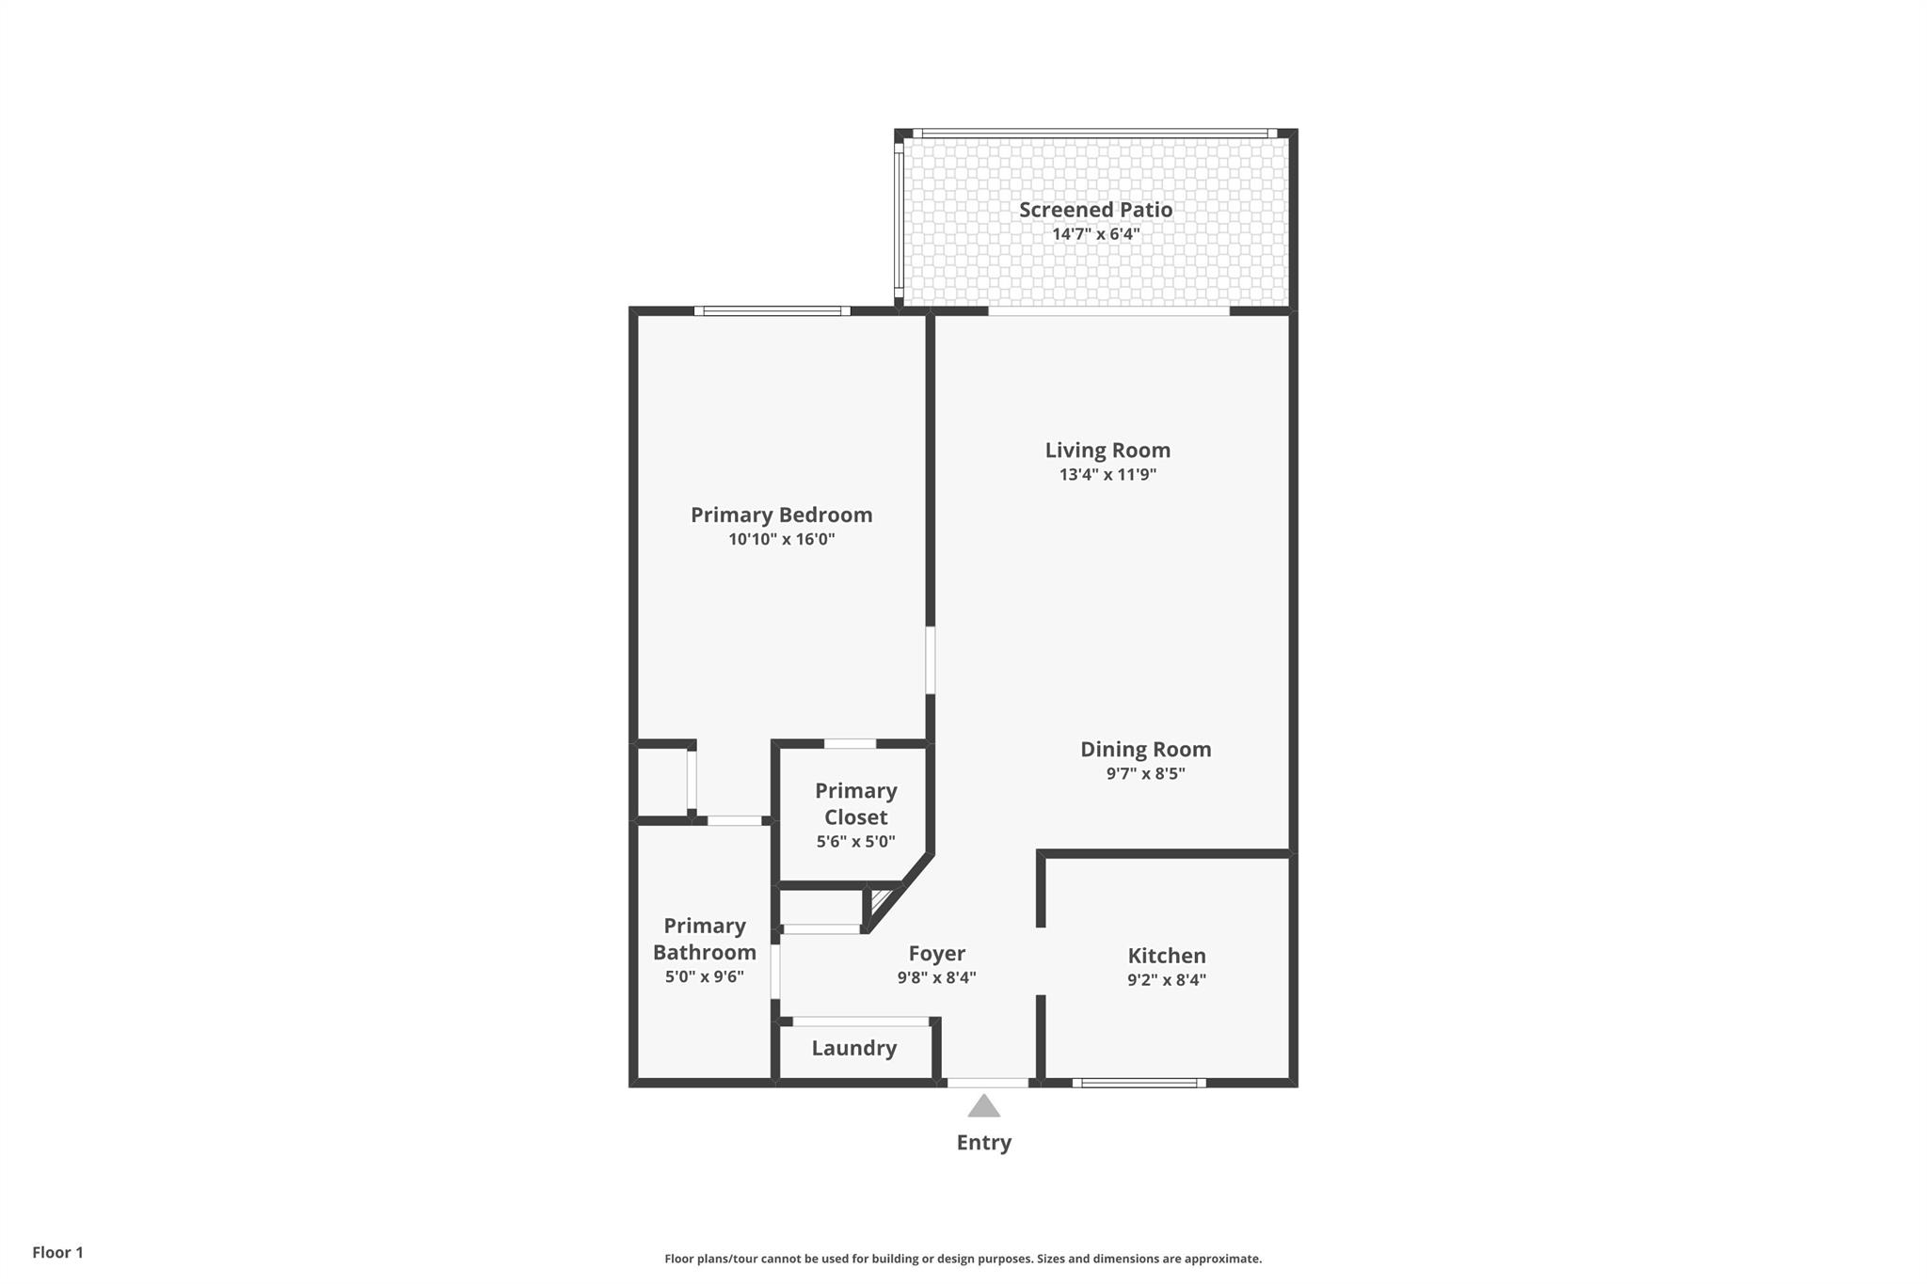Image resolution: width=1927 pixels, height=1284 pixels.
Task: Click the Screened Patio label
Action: coord(1095,210)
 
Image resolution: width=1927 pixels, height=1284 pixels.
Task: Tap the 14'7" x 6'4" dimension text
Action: coord(1095,234)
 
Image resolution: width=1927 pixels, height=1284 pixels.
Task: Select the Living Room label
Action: coord(1107,451)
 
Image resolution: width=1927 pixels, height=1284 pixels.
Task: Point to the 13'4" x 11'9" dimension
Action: coord(1107,475)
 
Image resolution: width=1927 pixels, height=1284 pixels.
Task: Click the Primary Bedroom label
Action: coord(781,515)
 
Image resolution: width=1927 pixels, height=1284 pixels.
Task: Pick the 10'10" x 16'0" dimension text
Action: coord(781,540)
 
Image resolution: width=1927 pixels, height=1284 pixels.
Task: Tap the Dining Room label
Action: coord(1145,750)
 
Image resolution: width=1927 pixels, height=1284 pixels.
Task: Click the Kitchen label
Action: coord(1166,956)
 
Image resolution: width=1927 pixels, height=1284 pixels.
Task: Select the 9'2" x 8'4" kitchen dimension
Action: coord(1166,980)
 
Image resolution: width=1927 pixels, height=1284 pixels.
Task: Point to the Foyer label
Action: coord(936,954)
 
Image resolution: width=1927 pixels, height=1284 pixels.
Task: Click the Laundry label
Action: coord(853,1048)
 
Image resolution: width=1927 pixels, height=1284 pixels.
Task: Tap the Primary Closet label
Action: coord(855,803)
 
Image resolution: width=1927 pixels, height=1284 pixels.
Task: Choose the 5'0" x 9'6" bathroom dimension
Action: coord(704,977)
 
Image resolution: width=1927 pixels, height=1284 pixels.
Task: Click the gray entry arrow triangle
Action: coord(983,1107)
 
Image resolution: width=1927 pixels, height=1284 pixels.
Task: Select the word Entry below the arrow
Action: coord(983,1143)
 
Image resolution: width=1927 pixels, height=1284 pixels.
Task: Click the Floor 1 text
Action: coord(57,1253)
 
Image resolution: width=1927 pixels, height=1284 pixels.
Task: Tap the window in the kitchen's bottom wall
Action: coord(1139,1083)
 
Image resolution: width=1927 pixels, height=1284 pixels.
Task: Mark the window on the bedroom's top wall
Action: coord(772,311)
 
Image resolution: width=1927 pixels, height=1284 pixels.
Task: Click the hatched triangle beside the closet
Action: coord(880,900)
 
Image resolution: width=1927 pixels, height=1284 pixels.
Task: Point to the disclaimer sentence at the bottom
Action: coord(963,1259)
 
